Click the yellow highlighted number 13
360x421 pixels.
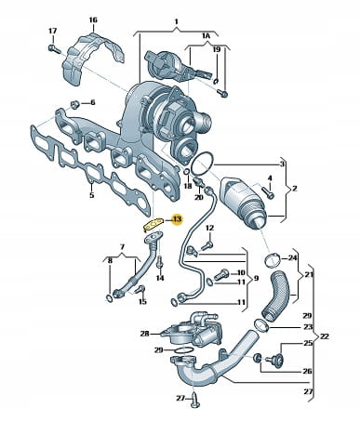point(177,219)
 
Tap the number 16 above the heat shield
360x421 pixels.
point(93,20)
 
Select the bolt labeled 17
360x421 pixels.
point(55,49)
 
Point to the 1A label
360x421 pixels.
point(207,36)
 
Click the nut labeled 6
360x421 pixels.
point(74,104)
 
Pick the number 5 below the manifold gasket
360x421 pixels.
point(92,195)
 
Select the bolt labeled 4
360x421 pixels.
point(269,193)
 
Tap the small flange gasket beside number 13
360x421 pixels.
point(153,225)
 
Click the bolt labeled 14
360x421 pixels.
point(160,263)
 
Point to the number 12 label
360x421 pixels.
point(210,229)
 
